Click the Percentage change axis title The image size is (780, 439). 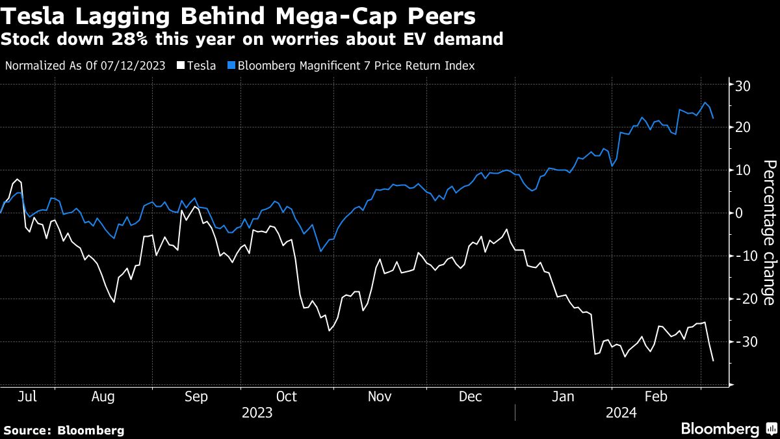(x=768, y=232)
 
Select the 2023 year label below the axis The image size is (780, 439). (x=257, y=412)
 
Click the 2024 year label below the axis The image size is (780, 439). (x=621, y=412)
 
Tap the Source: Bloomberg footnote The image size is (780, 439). (x=64, y=431)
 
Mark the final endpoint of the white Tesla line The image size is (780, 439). (x=714, y=360)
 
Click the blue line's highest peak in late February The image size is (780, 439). (x=705, y=103)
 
